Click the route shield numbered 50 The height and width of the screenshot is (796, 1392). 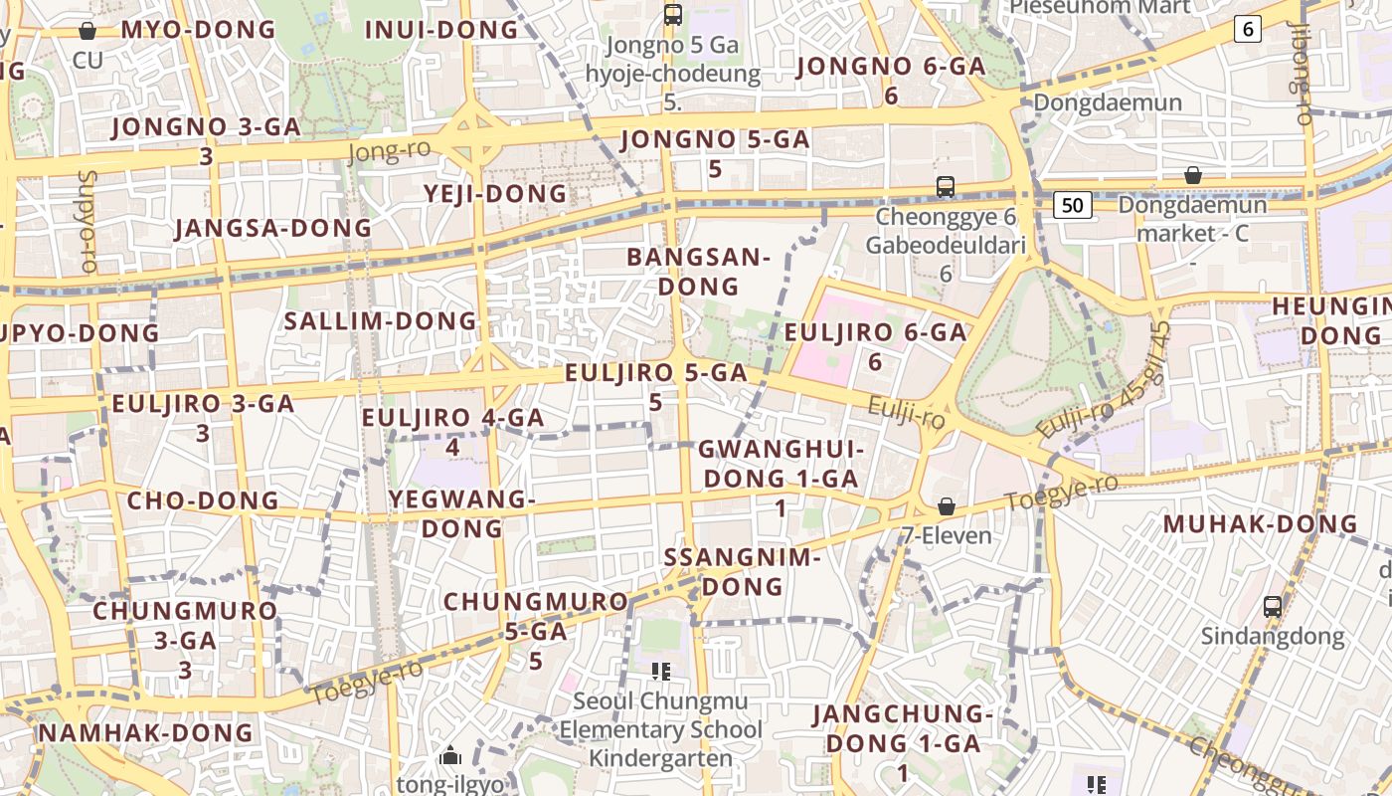click(x=1072, y=205)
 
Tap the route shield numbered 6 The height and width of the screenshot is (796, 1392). click(x=1248, y=29)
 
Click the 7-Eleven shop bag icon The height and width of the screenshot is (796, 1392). click(x=947, y=506)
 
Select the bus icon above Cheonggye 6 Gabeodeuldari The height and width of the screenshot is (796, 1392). click(x=945, y=186)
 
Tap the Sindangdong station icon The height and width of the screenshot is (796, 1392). click(x=1272, y=606)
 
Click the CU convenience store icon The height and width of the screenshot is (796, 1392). click(x=87, y=31)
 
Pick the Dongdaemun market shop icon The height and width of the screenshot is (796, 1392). click(x=1192, y=176)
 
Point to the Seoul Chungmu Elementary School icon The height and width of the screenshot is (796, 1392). click(x=660, y=672)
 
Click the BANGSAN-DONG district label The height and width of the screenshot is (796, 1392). click(x=698, y=272)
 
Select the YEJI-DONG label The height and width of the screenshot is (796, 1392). click(x=495, y=193)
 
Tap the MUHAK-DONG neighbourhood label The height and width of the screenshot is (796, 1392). click(x=1260, y=523)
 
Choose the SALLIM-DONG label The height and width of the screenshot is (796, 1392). click(x=381, y=320)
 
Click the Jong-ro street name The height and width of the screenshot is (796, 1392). click(x=389, y=151)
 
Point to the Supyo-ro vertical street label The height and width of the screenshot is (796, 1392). click(x=87, y=222)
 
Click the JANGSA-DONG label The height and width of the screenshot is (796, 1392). click(x=272, y=228)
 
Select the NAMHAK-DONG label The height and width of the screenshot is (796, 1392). click(x=145, y=732)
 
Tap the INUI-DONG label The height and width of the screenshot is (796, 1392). click(x=441, y=30)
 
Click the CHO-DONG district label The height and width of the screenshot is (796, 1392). click(x=203, y=499)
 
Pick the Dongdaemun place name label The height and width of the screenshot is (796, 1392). click(x=1108, y=102)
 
